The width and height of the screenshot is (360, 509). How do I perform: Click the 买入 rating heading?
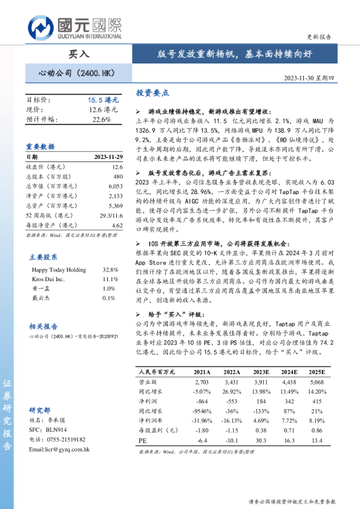[x=79, y=54]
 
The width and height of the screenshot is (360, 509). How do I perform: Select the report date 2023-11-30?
[x=309, y=85]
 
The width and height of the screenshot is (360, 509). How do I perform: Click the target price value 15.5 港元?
[x=102, y=100]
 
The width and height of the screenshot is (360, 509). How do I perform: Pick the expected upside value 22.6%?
[x=102, y=119]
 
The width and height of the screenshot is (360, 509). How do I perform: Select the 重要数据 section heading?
[x=41, y=146]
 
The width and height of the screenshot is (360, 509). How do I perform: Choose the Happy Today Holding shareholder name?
[x=59, y=269]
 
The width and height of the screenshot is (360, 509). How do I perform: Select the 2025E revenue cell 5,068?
[x=316, y=382]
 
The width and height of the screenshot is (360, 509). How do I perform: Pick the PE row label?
[x=143, y=441]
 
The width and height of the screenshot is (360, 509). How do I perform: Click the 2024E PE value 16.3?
[x=289, y=441]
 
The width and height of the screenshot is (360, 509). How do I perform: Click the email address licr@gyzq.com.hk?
[x=59, y=449]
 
